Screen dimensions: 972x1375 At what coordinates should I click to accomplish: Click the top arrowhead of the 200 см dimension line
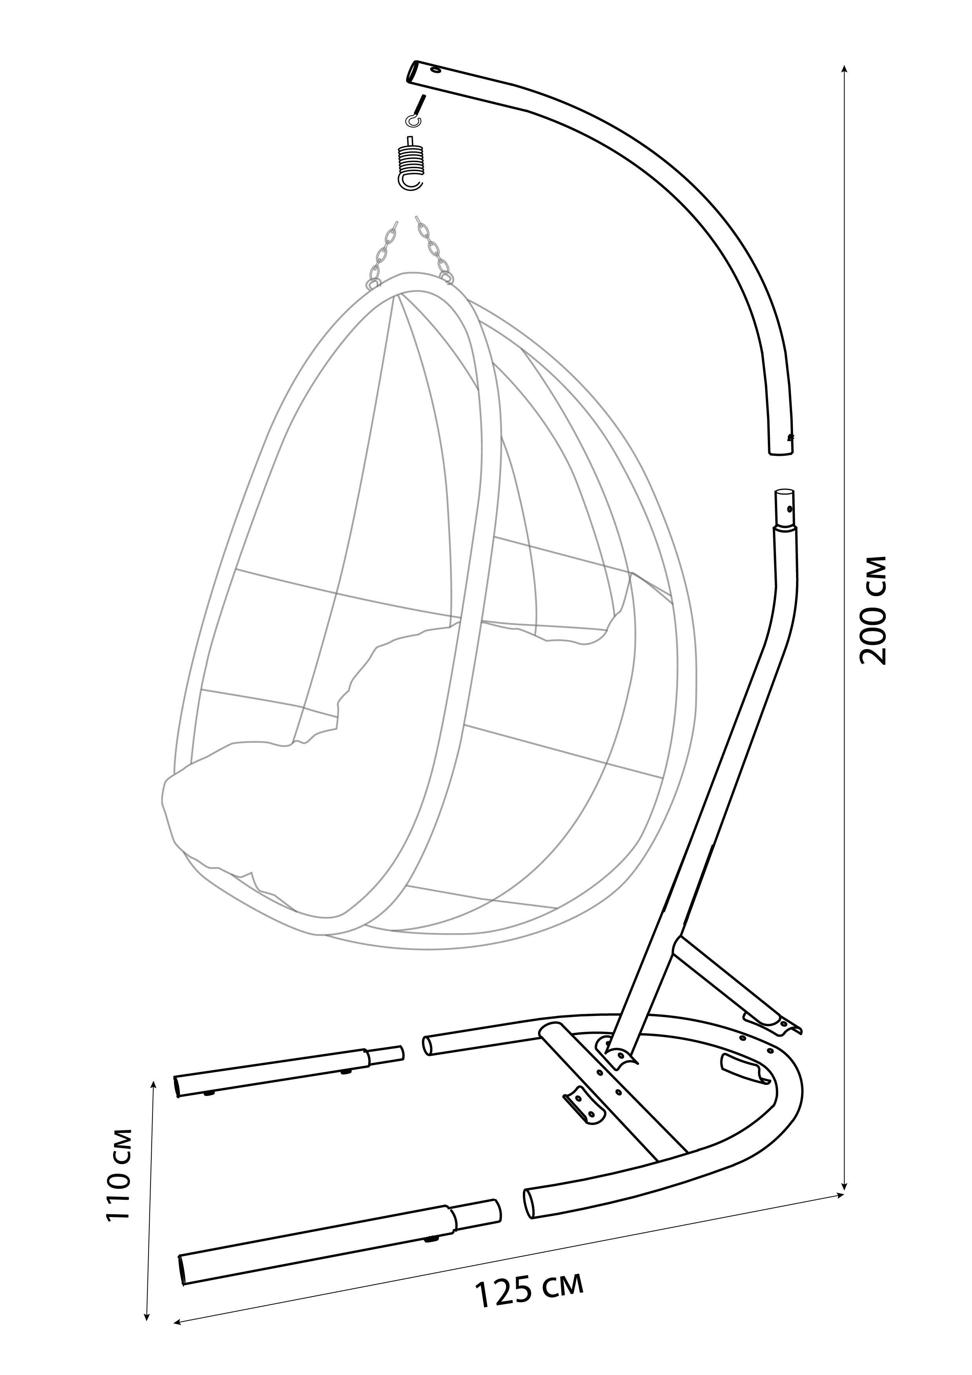point(845,69)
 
